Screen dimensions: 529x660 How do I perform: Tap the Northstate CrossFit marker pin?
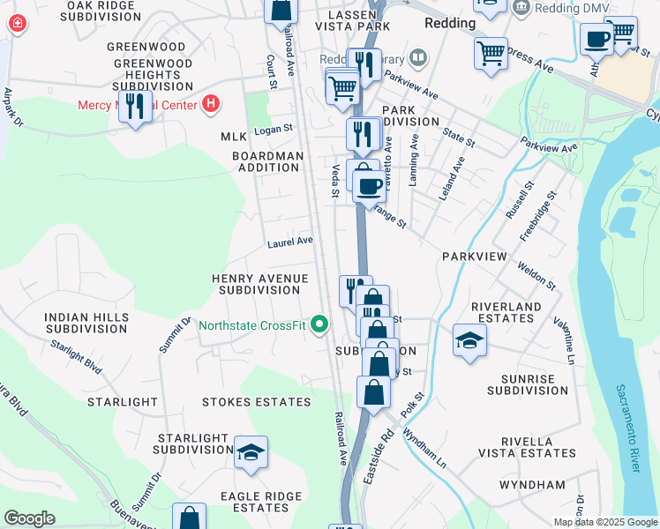320,325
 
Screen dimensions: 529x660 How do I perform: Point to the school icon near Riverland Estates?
469,340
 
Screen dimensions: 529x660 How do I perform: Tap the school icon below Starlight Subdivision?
251,453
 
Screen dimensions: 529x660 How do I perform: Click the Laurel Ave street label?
290,241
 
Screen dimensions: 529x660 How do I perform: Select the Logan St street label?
273,130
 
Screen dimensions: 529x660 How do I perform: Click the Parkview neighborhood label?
475,256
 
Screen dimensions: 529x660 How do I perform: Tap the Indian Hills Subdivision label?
86,322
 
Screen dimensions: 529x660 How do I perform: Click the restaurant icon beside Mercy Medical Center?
135,108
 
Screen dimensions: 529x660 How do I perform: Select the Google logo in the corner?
29,518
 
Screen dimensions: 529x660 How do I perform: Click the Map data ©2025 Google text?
604,522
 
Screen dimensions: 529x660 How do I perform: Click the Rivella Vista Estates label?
526,447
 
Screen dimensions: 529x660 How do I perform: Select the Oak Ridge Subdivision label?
101,11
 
